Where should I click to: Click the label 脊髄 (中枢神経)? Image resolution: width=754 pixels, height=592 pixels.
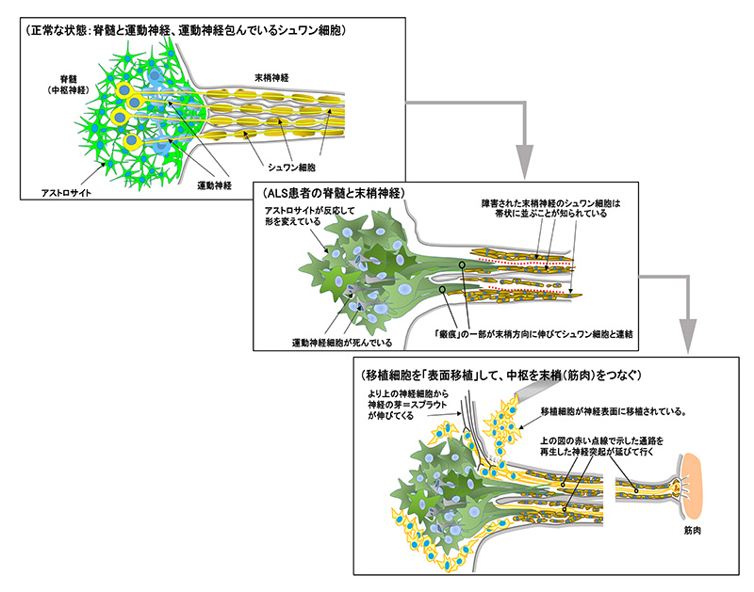[69, 85]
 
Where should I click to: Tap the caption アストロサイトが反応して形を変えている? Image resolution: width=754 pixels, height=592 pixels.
[306, 214]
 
